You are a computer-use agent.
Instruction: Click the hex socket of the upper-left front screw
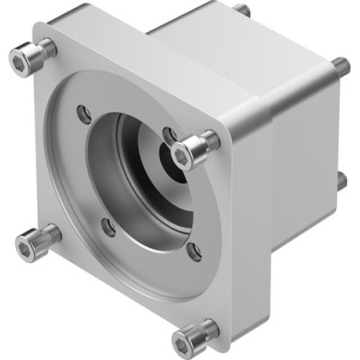tap(19, 64)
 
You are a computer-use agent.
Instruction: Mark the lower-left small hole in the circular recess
tap(109, 227)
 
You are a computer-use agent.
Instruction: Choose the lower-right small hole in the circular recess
tap(193, 251)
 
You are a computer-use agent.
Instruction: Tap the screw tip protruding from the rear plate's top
tap(243, 10)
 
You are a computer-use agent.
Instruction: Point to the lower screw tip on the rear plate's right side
tap(341, 180)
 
